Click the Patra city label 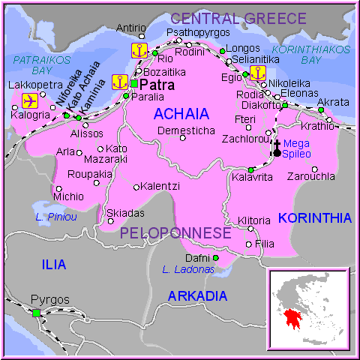(157, 85)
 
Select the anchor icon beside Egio (257, 73)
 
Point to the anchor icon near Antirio (139, 50)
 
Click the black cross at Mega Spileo (277, 147)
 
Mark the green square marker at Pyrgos (36, 313)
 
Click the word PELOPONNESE (175, 233)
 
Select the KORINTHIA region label (314, 218)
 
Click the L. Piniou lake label (56, 217)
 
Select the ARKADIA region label (197, 295)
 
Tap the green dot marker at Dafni (215, 258)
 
